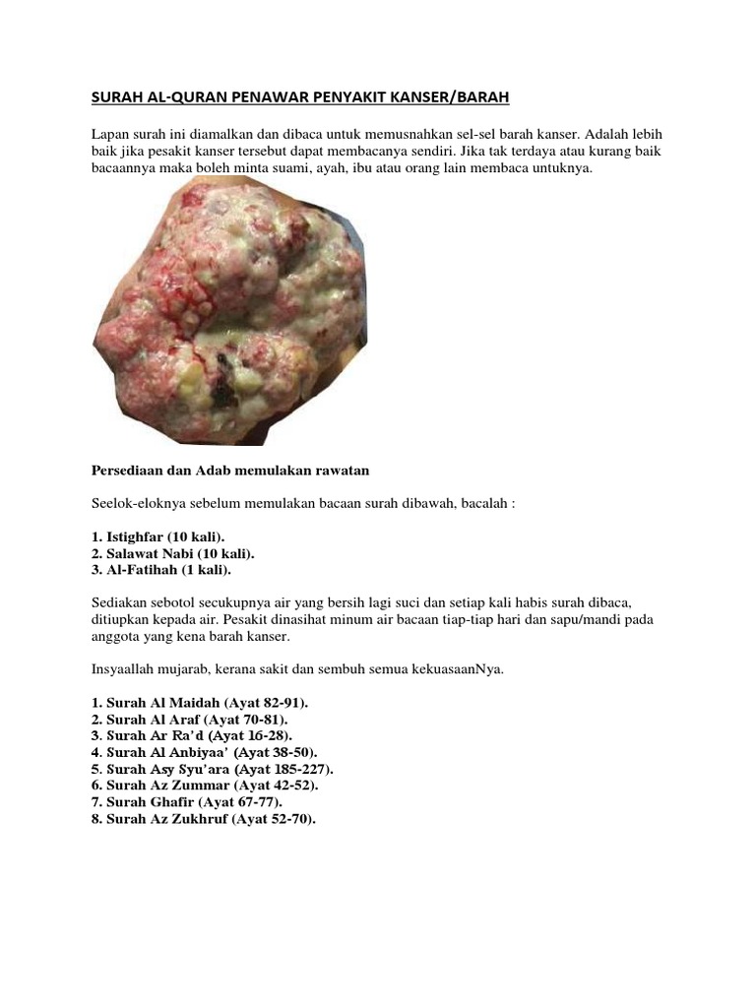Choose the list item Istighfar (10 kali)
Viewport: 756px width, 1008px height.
click(x=158, y=536)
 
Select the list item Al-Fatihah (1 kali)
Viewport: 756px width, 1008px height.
click(x=161, y=570)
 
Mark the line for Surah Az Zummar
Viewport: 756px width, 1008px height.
click(x=204, y=787)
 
